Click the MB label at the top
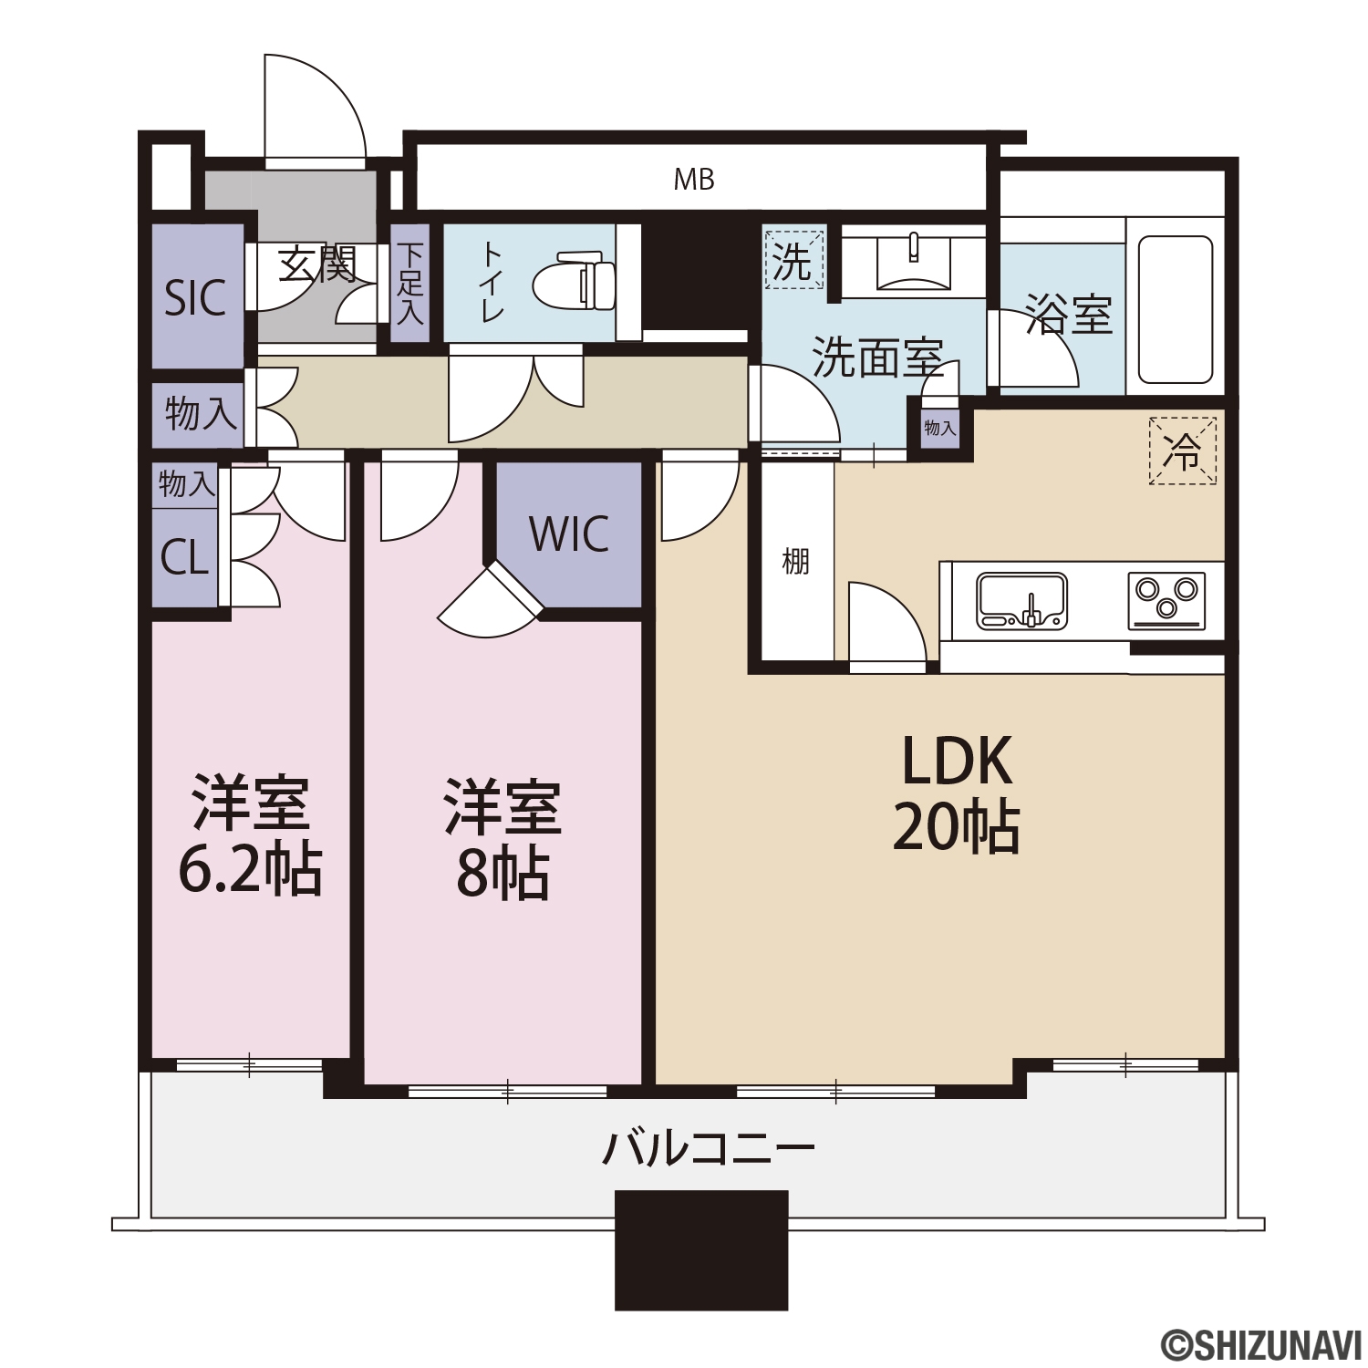[x=694, y=181]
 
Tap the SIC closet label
[x=195, y=297]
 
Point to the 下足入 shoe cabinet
[x=410, y=284]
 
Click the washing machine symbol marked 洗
[x=793, y=260]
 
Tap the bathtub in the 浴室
[x=1176, y=309]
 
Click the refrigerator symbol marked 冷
[x=1183, y=451]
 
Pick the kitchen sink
[x=1021, y=601]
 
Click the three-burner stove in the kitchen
[x=1166, y=601]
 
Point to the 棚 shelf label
[x=795, y=562]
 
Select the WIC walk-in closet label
[x=569, y=534]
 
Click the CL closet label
[x=185, y=556]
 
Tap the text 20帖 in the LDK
[x=956, y=827]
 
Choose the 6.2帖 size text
[x=250, y=869]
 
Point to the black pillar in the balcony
[x=701, y=1250]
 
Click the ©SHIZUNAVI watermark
[x=1259, y=1344]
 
